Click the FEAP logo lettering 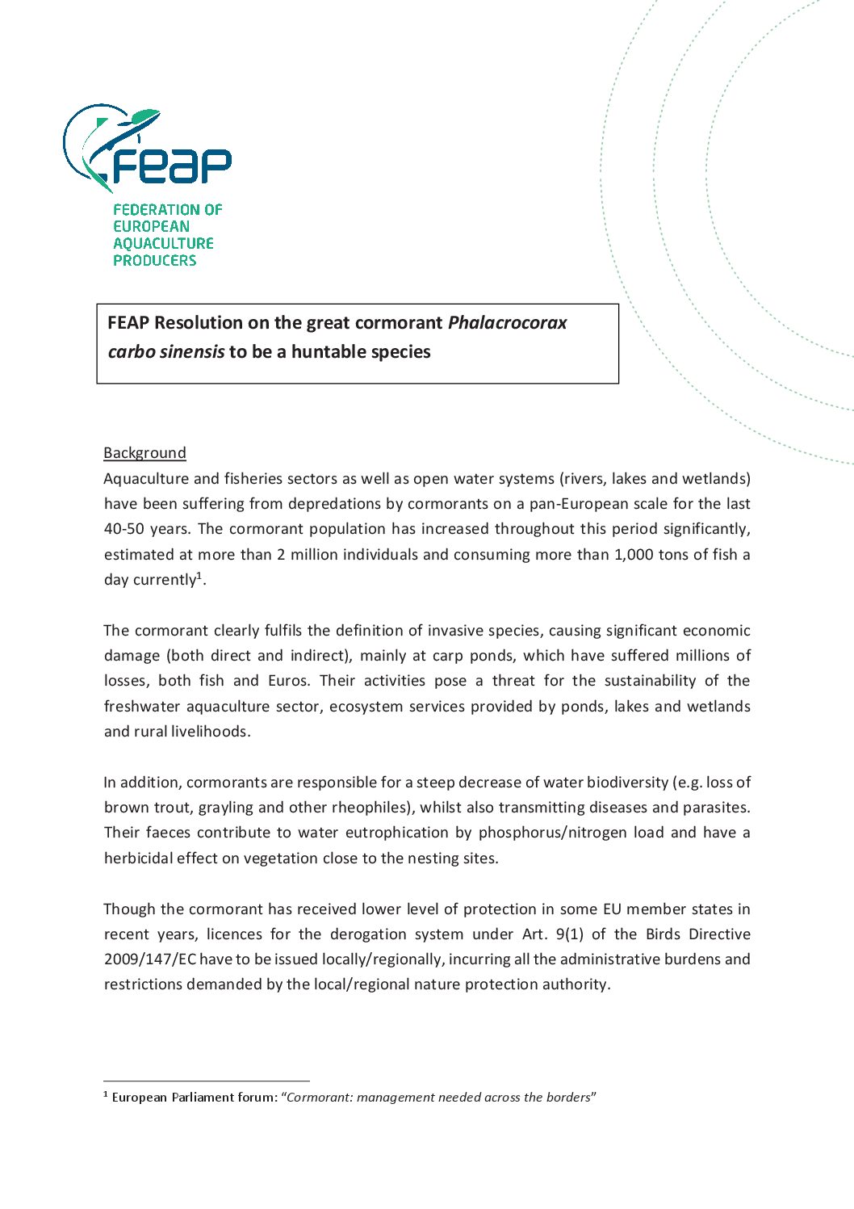click(x=171, y=164)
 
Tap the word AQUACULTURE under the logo click(x=163, y=243)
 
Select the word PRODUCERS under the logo click(x=154, y=260)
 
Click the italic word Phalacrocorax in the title click(x=507, y=323)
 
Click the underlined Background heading click(x=144, y=453)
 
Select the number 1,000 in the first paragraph click(x=626, y=555)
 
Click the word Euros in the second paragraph click(x=287, y=681)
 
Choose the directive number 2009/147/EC click(x=149, y=959)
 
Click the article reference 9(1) click(x=569, y=934)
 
